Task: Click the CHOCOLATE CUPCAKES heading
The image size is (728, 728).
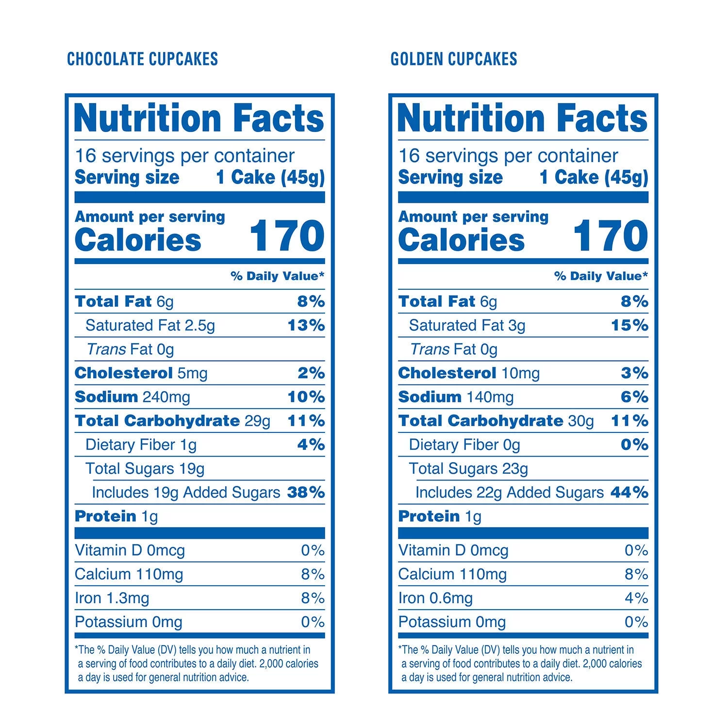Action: (x=142, y=59)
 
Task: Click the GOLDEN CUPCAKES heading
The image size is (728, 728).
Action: (x=454, y=59)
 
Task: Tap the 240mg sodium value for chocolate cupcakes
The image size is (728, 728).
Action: (x=166, y=397)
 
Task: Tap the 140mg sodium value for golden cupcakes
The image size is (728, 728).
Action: (x=490, y=397)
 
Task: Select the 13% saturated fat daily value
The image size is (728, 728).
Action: (x=306, y=325)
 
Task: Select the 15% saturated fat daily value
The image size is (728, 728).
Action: (x=629, y=325)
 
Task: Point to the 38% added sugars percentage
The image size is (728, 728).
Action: (x=306, y=492)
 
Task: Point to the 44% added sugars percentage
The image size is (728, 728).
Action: (x=629, y=492)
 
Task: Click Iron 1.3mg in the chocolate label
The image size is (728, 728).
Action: (x=112, y=598)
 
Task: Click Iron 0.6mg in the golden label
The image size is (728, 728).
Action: (x=435, y=598)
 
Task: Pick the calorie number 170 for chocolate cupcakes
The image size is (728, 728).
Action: (x=287, y=236)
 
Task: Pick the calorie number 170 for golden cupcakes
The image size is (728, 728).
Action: (x=611, y=236)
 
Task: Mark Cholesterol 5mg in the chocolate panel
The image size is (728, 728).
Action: (x=141, y=373)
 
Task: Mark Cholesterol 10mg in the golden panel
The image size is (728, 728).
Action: (x=469, y=373)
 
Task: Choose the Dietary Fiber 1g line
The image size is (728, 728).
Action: (x=141, y=445)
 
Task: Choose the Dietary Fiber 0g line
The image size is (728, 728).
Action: (x=464, y=445)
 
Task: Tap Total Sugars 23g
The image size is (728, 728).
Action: (x=468, y=468)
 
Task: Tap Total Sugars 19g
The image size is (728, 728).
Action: (x=145, y=468)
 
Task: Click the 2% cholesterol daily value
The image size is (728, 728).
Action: (x=311, y=373)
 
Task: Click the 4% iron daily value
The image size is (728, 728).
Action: (x=636, y=598)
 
